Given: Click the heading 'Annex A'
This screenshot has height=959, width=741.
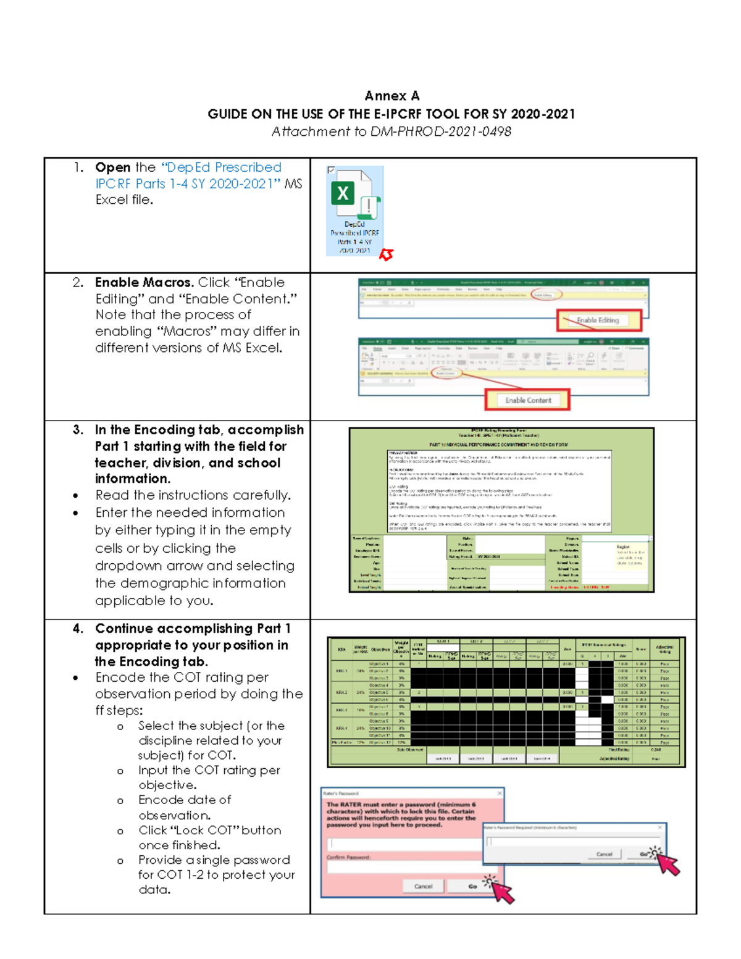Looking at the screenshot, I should coord(392,96).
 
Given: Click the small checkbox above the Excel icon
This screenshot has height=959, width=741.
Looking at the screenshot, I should coord(332,170).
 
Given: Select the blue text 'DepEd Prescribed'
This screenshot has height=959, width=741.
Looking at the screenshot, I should coord(221,167).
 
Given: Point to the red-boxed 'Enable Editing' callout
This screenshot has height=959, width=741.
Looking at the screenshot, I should coord(598,320).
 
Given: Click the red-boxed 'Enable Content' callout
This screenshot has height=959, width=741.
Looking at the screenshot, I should coord(527,400).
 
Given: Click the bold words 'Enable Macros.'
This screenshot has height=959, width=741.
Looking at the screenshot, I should coord(144,282).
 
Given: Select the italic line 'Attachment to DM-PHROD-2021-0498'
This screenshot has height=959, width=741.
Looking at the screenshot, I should coord(391,132).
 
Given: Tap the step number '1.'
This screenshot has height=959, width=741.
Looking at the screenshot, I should coord(78,167).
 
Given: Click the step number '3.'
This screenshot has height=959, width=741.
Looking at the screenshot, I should coord(78,430).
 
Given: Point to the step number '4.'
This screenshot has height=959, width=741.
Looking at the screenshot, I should coord(78,629).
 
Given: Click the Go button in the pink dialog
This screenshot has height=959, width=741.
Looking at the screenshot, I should coord(472,886).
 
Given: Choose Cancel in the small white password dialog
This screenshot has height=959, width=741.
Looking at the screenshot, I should coord(604,854).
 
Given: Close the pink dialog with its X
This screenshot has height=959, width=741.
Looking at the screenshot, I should coord(500,793).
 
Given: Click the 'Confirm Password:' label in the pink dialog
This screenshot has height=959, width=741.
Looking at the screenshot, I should coord(349,857).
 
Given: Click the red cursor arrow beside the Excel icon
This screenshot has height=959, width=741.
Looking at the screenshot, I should coord(387,254).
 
